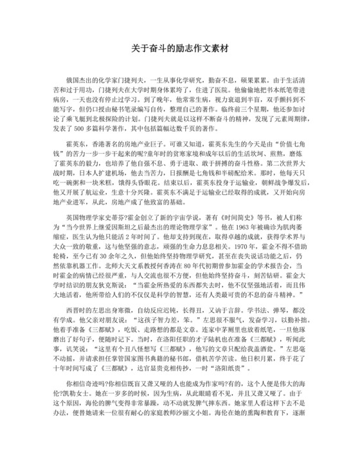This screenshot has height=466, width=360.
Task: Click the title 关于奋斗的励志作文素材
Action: pos(180,48)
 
